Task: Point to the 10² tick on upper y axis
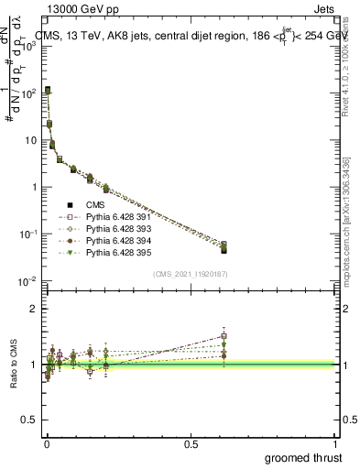(x=31, y=93)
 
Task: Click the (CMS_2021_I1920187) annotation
(x=191, y=273)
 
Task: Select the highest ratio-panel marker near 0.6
(x=224, y=335)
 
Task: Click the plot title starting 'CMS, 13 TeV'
(x=192, y=37)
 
